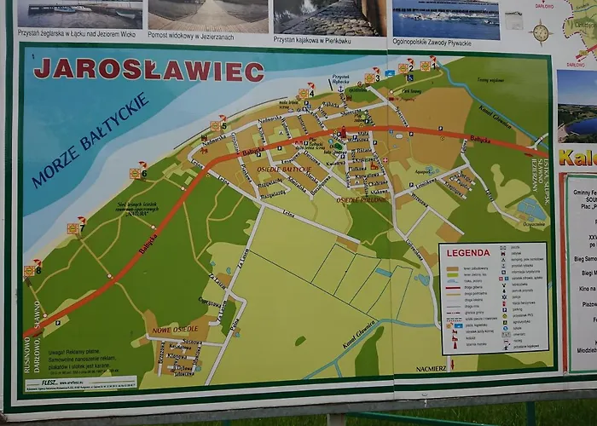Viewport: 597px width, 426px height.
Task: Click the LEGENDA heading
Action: click(x=468, y=253)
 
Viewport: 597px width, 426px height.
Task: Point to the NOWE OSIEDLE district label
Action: click(x=174, y=329)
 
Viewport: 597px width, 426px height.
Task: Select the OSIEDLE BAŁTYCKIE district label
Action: click(x=284, y=170)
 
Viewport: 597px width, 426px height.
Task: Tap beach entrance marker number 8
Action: click(x=32, y=269)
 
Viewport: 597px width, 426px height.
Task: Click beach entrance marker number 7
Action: click(x=75, y=227)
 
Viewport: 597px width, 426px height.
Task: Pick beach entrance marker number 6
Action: click(x=137, y=172)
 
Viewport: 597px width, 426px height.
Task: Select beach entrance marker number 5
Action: click(x=218, y=125)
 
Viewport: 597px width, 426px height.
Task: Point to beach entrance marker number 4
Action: click(x=305, y=92)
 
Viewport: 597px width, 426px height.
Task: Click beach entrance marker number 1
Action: click(x=427, y=64)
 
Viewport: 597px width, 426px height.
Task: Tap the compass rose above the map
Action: click(x=541, y=32)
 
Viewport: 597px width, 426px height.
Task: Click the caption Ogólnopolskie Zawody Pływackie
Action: click(x=445, y=39)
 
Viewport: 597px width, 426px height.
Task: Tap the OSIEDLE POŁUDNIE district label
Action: click(x=362, y=200)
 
